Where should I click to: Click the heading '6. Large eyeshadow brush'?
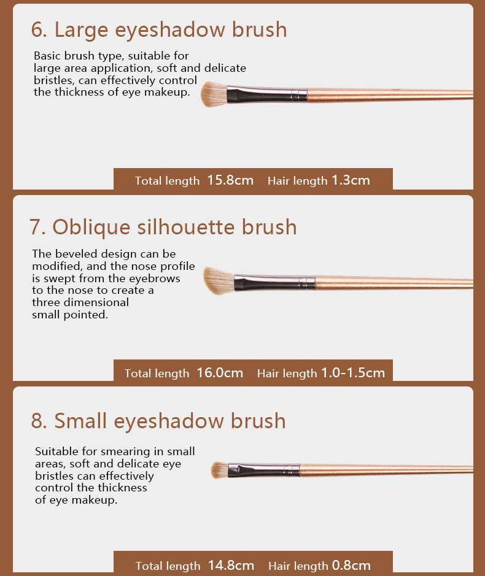click(159, 30)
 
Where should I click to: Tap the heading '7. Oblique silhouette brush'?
click(163, 228)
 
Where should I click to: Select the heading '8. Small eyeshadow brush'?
click(158, 421)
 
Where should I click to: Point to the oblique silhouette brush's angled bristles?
click(219, 281)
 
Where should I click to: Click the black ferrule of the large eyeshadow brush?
click(266, 94)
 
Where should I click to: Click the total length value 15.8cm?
click(231, 180)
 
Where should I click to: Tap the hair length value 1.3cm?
click(351, 180)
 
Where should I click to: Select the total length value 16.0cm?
click(220, 373)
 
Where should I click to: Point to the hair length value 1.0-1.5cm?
click(353, 373)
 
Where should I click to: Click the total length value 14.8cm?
click(231, 566)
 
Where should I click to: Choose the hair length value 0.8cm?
click(351, 566)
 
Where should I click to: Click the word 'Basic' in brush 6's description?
click(47, 56)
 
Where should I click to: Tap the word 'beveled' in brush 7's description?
click(76, 254)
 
